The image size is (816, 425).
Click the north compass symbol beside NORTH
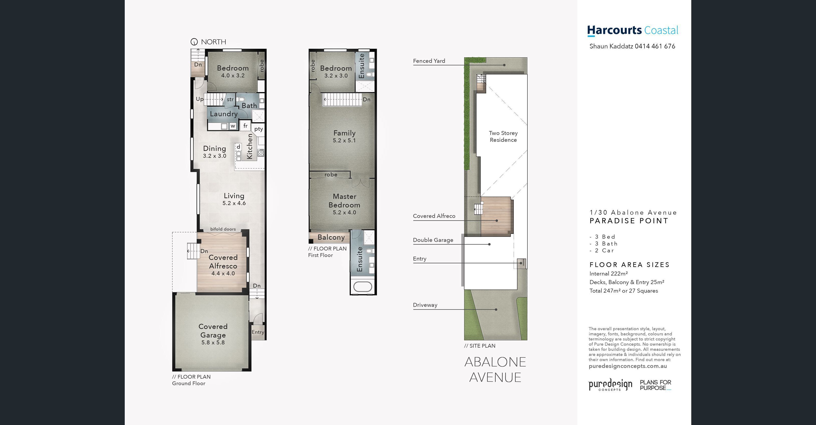tap(194, 42)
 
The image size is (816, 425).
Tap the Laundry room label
tap(224, 114)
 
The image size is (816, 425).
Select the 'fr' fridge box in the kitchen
tap(245, 126)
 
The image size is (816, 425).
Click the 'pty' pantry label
tap(258, 129)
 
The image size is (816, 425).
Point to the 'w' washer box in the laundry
tap(233, 126)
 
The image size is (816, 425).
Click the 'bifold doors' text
tap(223, 229)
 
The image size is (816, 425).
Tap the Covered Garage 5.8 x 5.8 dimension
tap(213, 343)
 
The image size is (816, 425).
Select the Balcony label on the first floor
tap(331, 237)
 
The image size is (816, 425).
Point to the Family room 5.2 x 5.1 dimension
tap(344, 140)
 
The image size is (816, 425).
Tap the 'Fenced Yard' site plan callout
tap(429, 61)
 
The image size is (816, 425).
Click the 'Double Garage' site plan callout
tap(433, 240)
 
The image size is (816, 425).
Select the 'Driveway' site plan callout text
tap(425, 305)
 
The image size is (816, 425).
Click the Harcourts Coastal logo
tap(633, 31)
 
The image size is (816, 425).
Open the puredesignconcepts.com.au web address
tap(627, 366)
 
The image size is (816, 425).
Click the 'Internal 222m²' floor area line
tap(609, 274)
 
